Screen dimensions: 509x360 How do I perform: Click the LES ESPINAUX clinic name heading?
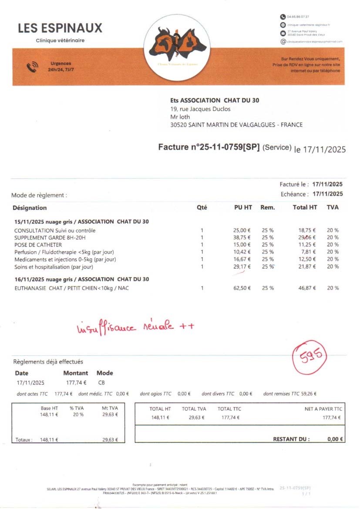click(x=60, y=28)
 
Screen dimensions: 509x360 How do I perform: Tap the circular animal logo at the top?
click(x=177, y=47)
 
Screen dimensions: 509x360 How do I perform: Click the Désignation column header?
click(x=30, y=208)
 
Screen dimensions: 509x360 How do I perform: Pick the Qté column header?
click(x=202, y=208)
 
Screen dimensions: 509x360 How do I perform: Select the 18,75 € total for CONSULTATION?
click(x=307, y=230)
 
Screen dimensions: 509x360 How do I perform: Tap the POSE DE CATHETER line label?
click(x=38, y=245)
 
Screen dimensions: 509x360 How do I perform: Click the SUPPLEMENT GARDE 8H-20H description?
click(x=50, y=238)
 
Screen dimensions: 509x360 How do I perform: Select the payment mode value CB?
click(x=101, y=383)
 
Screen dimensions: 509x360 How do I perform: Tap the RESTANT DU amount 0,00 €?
click(x=335, y=439)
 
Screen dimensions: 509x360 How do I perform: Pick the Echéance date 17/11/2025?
click(x=327, y=194)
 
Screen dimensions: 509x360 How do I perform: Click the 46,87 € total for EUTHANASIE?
click(x=307, y=288)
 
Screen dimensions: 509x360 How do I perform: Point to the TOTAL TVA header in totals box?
click(x=194, y=409)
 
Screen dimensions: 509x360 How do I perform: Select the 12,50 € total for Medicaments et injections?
click(x=307, y=260)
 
